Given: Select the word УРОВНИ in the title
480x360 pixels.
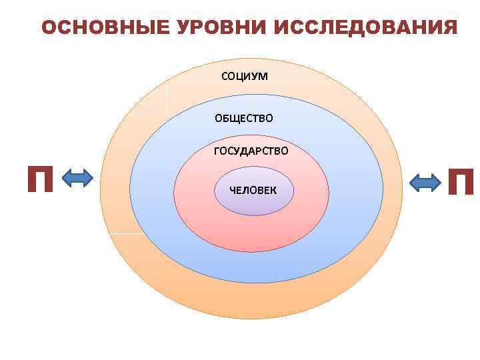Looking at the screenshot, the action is click(211, 28).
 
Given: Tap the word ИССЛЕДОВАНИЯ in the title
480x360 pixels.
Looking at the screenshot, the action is click(365, 28).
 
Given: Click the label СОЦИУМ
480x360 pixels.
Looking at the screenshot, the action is click(245, 76).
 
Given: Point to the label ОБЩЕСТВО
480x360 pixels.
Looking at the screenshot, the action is click(243, 119).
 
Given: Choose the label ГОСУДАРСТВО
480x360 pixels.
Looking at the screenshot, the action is click(251, 151).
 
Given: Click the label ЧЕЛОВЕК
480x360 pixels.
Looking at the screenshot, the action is click(251, 190).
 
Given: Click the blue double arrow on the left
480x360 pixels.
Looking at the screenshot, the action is click(77, 179).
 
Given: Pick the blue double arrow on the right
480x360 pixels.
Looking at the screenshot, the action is click(424, 182).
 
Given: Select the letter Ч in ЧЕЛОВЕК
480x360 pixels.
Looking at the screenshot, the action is click(233, 190).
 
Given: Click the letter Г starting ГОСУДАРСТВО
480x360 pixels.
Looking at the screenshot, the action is click(217, 151).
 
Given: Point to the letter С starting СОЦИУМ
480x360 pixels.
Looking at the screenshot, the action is click(225, 76).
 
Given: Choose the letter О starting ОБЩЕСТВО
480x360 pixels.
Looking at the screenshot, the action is click(218, 119).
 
